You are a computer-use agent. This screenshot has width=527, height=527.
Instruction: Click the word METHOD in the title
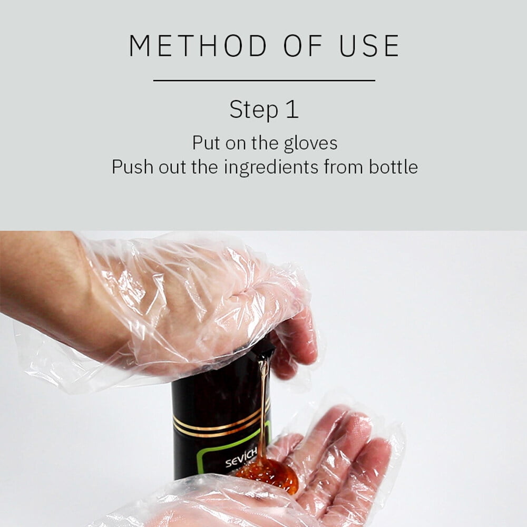point(198,45)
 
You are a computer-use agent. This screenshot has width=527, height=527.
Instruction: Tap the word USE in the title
point(369,45)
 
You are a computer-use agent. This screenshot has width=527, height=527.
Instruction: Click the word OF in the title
point(303,45)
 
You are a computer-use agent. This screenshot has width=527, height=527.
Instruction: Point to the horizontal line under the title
point(264,81)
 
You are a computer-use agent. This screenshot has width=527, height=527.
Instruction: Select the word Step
point(254,110)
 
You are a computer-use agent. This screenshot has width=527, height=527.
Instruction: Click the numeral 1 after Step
point(292,109)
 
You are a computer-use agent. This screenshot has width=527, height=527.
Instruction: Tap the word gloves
point(310,144)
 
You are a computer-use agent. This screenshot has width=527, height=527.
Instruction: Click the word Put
point(206,143)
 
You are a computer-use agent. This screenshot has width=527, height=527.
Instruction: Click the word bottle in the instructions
point(393,167)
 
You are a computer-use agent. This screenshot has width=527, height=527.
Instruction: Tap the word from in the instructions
point(343,167)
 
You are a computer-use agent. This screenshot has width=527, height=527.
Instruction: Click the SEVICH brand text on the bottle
point(241,457)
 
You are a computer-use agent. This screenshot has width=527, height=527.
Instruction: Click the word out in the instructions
point(172,168)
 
